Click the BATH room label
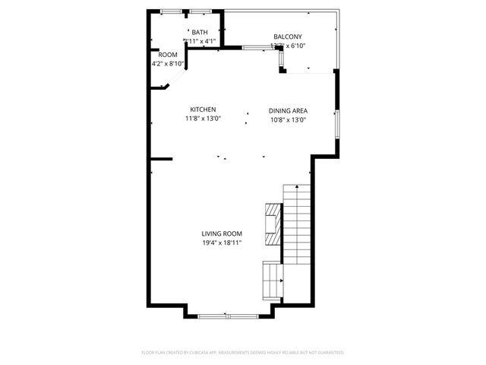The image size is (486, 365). [x=200, y=32]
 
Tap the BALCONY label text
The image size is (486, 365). [x=288, y=36]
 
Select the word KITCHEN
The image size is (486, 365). [x=203, y=109]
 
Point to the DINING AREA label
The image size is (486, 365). [x=288, y=110]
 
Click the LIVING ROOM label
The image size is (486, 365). [x=221, y=233]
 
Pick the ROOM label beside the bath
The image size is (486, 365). [x=168, y=55]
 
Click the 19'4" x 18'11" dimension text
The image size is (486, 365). [x=221, y=243]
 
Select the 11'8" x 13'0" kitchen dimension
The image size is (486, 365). [x=203, y=119]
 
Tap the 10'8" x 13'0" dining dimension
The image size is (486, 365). [x=288, y=119]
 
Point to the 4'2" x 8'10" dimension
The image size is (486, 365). [x=168, y=64]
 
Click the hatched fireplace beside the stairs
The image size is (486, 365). [x=273, y=225]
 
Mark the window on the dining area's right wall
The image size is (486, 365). [x=336, y=121]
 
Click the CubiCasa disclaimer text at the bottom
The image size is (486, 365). [x=243, y=353]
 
